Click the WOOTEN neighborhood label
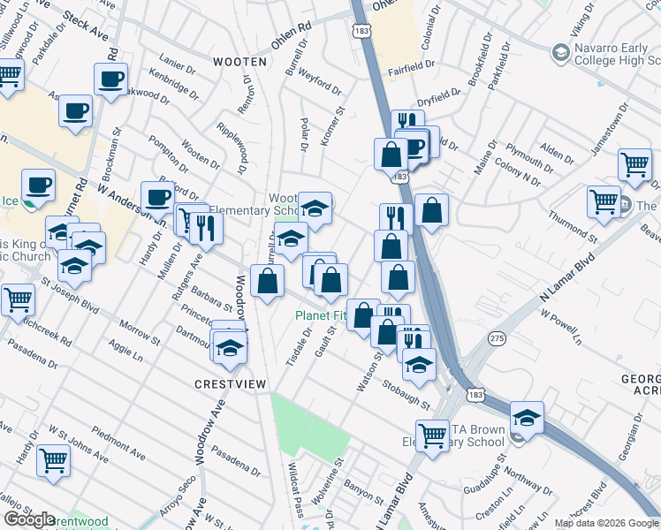point(239,62)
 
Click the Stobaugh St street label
point(406,395)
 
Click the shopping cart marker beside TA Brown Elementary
point(432,435)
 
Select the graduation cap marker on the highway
point(527,418)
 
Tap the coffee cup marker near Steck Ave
point(111,79)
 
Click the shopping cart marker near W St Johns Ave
point(54,459)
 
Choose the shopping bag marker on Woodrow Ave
point(267,282)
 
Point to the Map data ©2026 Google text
point(605,523)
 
